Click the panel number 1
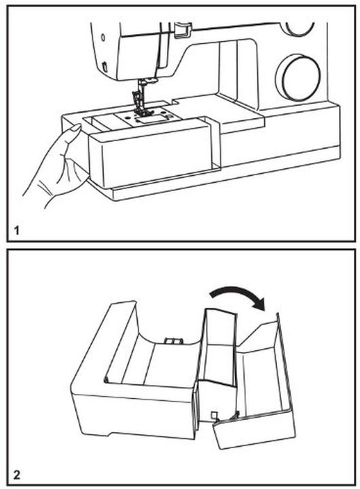pos(16,231)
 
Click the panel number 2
pos(17,475)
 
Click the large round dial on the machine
pos(298,77)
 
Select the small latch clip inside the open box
pos(171,341)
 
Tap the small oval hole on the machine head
pos(103,37)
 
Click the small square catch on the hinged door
pos(215,415)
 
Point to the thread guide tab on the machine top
pos(182,29)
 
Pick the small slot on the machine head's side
pos(105,67)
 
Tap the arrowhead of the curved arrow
pos(258,302)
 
